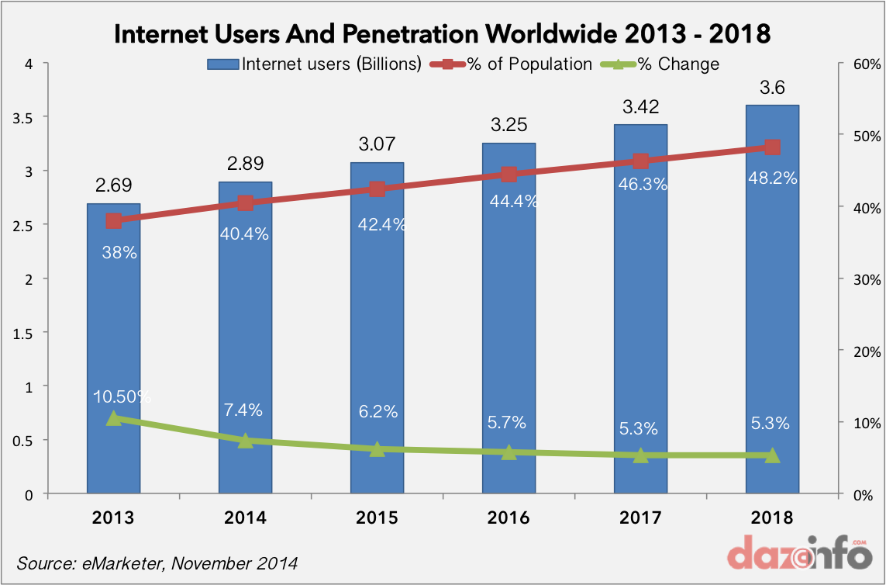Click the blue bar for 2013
(x=113, y=349)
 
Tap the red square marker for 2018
(x=772, y=147)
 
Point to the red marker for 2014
(x=246, y=203)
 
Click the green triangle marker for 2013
(x=114, y=418)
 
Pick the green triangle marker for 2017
(x=640, y=455)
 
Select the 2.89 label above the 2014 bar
(x=245, y=164)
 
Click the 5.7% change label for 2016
(x=508, y=423)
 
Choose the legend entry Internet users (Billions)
(x=315, y=64)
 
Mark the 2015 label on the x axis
(x=377, y=517)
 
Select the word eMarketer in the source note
(x=116, y=562)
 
